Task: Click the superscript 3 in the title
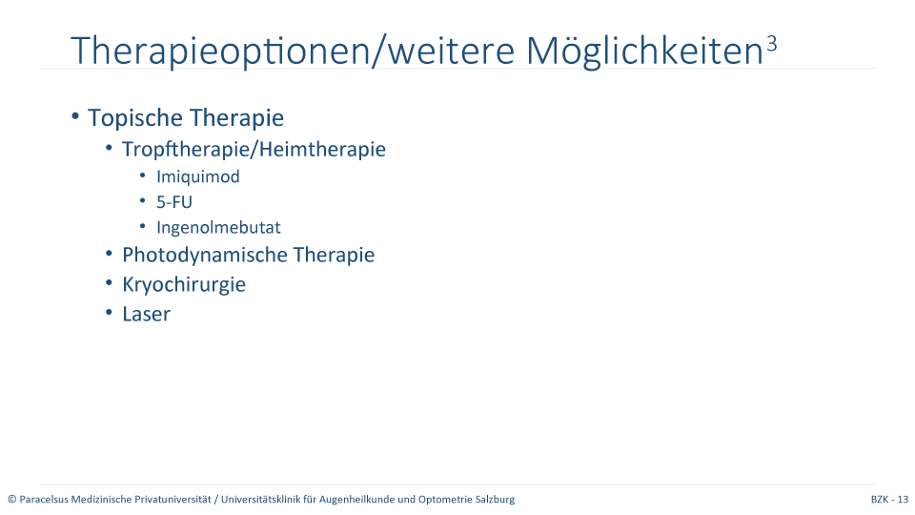pos(771,44)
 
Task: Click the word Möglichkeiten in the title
pos(645,51)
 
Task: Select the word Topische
pos(135,118)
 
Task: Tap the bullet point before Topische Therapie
pos(75,116)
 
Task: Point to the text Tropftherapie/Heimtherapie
pos(254,150)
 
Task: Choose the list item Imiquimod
pos(198,177)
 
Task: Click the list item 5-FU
pos(173,202)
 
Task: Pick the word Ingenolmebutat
pos(218,228)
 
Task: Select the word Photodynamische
pos(205,256)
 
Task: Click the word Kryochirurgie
pos(184,285)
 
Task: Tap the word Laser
pos(146,314)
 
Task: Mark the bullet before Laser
pos(109,313)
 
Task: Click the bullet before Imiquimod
pos(143,175)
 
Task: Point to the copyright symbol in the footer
pos(12,499)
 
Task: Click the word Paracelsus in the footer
pos(44,499)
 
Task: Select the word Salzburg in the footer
pos(495,499)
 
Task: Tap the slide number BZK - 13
pos(889,499)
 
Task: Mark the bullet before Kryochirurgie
pos(109,283)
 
